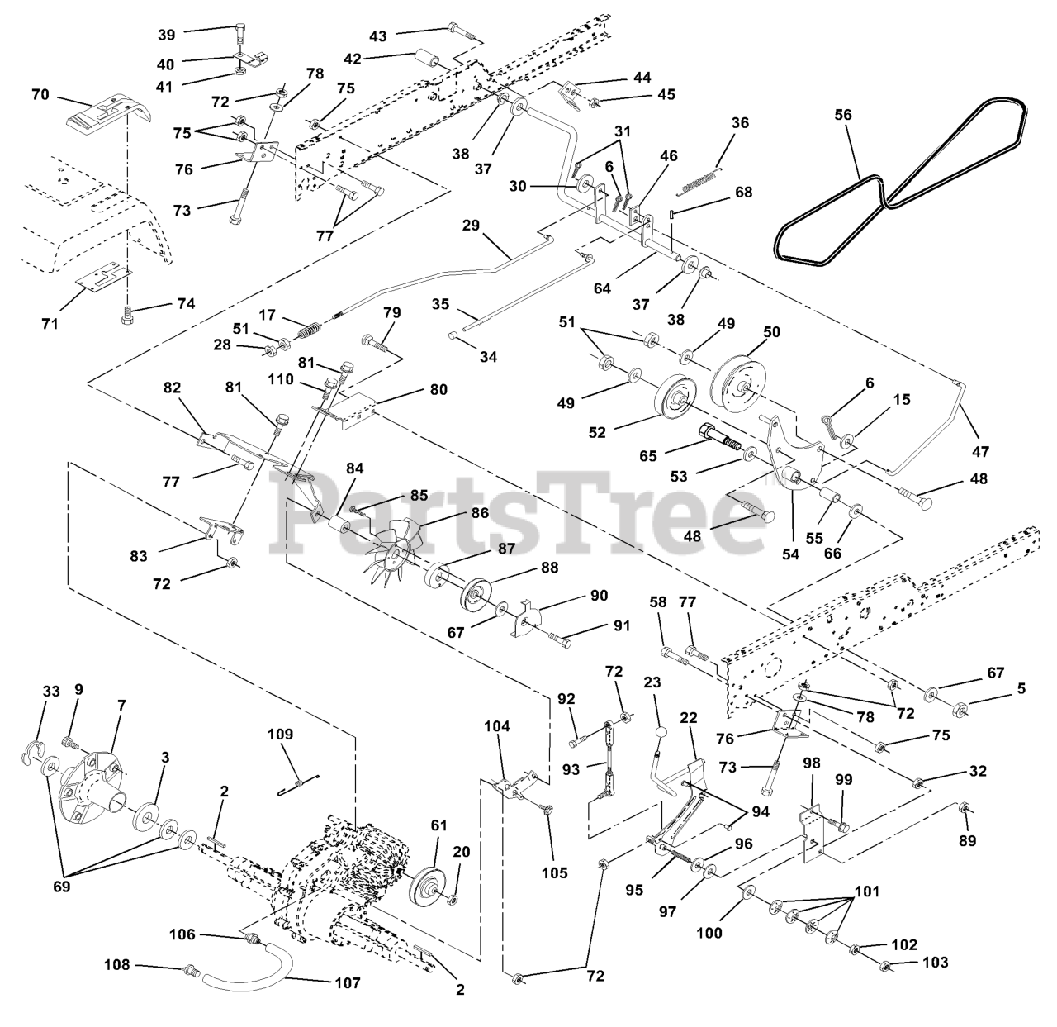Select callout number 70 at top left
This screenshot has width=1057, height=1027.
[40, 96]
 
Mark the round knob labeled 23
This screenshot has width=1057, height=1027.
[661, 733]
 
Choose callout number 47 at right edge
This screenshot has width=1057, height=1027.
[981, 452]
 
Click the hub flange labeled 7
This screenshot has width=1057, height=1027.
[91, 782]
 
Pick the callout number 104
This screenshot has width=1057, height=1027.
[497, 726]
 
